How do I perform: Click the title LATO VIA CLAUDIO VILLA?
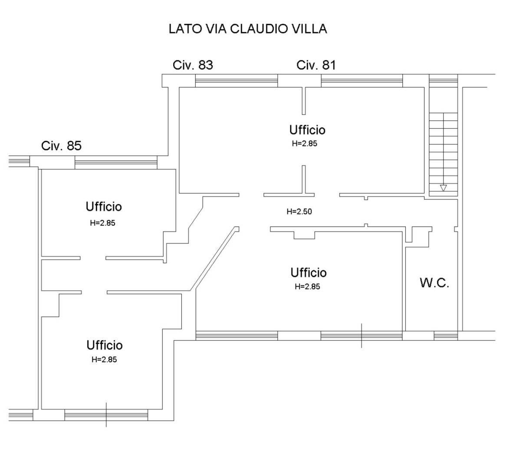[x=248, y=29]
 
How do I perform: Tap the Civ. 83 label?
[x=193, y=65]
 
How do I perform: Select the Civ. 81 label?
[x=316, y=65]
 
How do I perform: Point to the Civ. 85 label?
[x=61, y=145]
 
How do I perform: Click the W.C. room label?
[x=435, y=283]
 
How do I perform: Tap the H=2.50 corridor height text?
[x=300, y=211]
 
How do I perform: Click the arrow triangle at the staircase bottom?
[x=443, y=188]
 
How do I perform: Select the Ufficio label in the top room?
[x=307, y=130]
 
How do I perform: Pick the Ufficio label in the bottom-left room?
[x=105, y=345]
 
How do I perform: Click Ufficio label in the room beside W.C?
[x=309, y=273]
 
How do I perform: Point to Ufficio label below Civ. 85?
[x=104, y=206]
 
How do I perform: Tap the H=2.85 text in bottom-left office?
[x=104, y=359]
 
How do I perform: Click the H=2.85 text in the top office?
[x=305, y=144]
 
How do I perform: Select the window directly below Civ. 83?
[x=237, y=80]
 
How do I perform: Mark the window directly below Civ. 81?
[x=362, y=80]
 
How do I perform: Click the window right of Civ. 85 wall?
[x=116, y=162]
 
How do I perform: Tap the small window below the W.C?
[x=445, y=336]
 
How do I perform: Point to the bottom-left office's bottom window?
[x=106, y=415]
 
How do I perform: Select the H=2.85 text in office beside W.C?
[x=307, y=287]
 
